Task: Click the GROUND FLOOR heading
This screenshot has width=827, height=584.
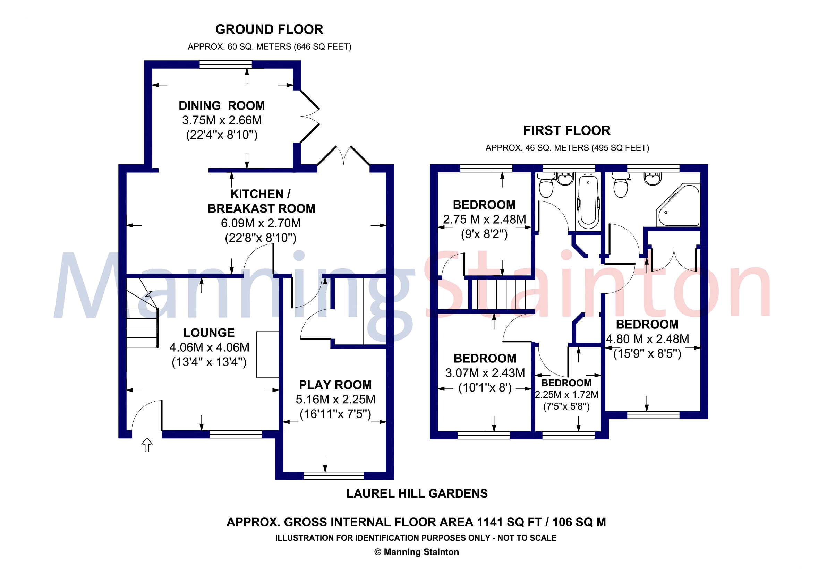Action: [x=269, y=29]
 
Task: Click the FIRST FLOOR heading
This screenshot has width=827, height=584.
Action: [x=566, y=130]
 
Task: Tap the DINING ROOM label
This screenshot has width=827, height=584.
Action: [x=222, y=105]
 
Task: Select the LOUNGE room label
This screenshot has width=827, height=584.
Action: [x=209, y=333]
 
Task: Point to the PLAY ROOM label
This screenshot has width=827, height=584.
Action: [x=335, y=385]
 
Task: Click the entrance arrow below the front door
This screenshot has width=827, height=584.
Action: [x=147, y=445]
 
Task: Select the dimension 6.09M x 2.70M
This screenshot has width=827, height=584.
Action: [x=261, y=223]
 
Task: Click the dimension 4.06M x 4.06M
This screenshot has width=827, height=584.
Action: [x=209, y=347]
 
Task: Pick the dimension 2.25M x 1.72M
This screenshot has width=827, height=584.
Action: [x=566, y=395]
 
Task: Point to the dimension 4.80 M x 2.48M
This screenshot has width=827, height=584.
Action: [x=647, y=339]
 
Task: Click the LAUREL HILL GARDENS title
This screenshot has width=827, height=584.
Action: [x=417, y=493]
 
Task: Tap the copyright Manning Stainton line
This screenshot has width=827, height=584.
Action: [x=416, y=552]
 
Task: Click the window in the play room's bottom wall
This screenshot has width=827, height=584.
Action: [x=333, y=475]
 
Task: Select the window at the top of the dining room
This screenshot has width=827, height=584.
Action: [x=225, y=65]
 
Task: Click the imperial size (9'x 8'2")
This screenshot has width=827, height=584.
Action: [x=484, y=234]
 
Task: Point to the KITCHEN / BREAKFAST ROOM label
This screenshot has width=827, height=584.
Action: [x=261, y=201]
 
